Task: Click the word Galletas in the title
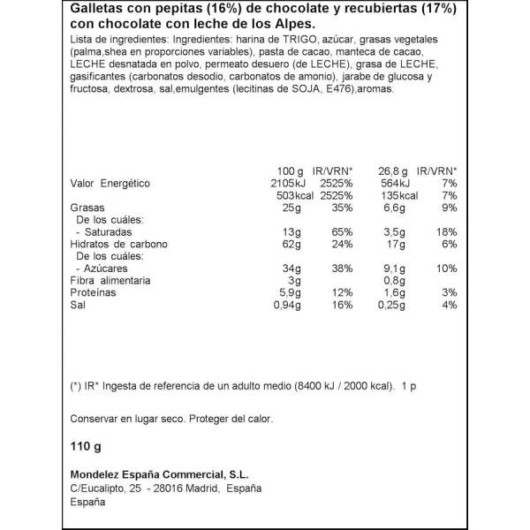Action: [94, 10]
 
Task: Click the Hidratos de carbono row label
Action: [119, 244]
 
